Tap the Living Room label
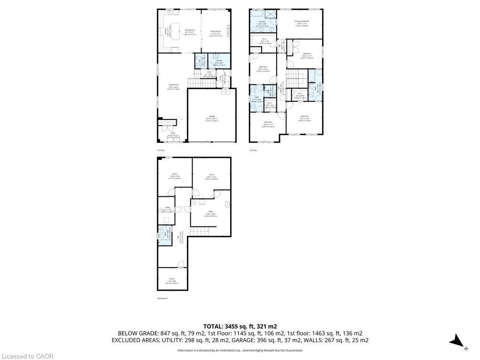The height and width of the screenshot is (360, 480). (x=173, y=85)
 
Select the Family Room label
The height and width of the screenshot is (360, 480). (x=215, y=31)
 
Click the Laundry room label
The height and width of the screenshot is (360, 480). (x=218, y=60)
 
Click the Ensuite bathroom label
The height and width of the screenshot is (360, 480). (x=262, y=22)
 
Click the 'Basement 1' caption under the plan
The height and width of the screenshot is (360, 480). (x=162, y=298)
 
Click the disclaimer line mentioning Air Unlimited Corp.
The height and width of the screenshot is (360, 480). (x=240, y=350)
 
